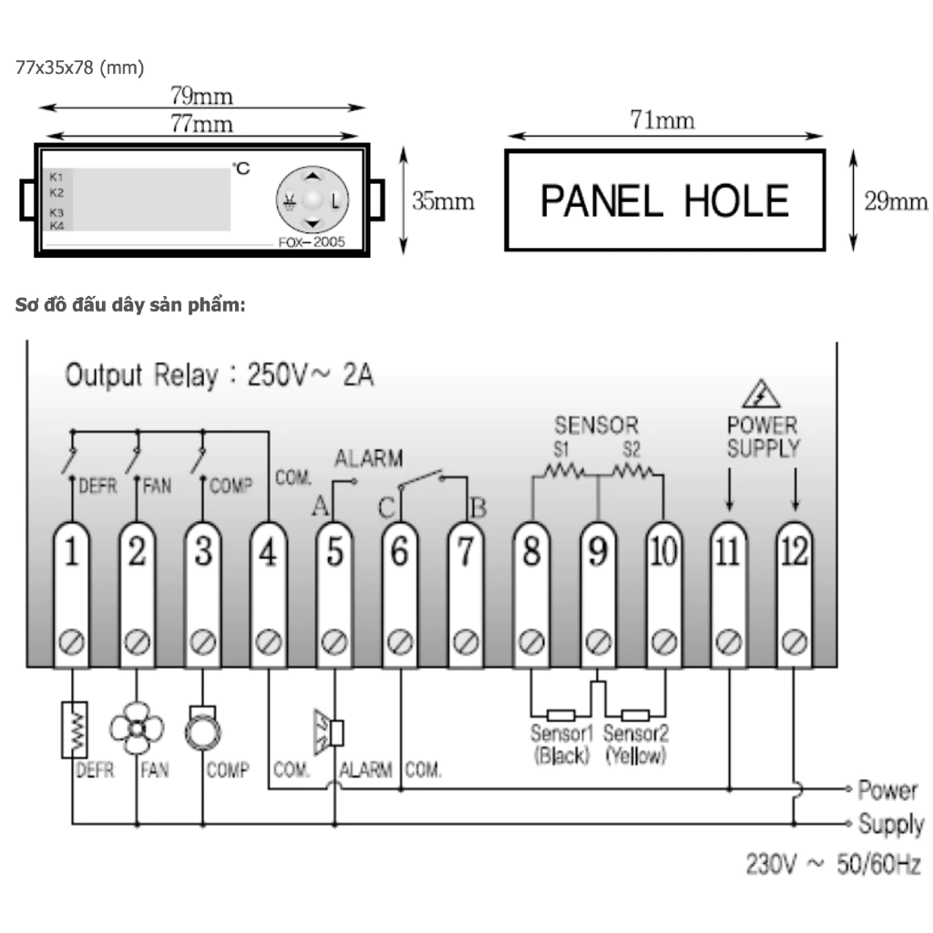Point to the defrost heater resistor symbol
tap(73, 729)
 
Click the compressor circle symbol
tap(201, 732)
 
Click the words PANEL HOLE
tap(664, 200)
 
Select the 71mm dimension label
tap(662, 119)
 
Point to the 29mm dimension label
tap(896, 201)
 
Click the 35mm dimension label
tap(443, 201)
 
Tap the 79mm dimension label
tap(201, 96)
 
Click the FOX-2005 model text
tap(312, 243)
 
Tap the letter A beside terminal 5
tap(320, 508)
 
